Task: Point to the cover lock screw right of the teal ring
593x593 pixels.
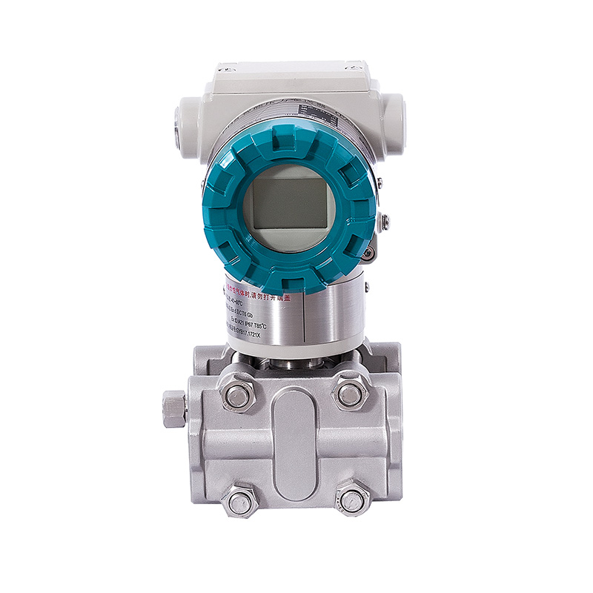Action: tap(384, 220)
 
